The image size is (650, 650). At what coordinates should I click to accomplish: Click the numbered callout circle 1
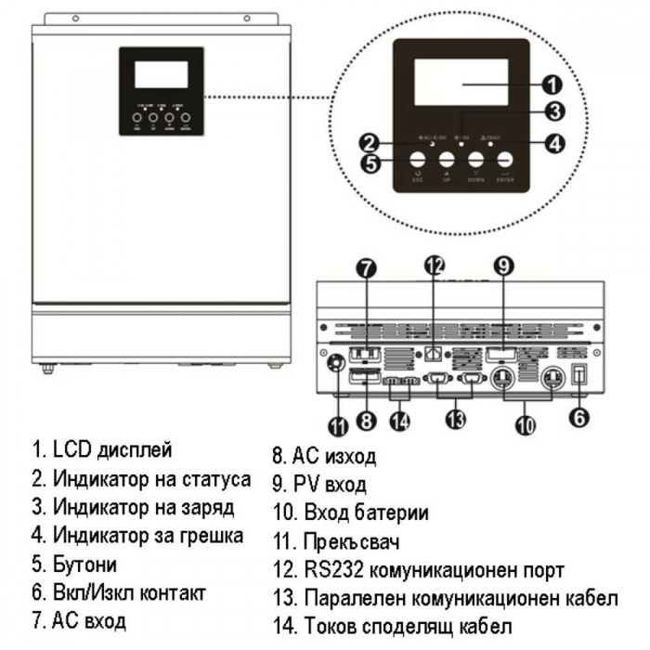point(552,85)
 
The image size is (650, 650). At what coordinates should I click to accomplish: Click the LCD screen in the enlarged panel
point(461,84)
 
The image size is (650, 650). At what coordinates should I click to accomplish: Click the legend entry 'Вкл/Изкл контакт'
point(129,591)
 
